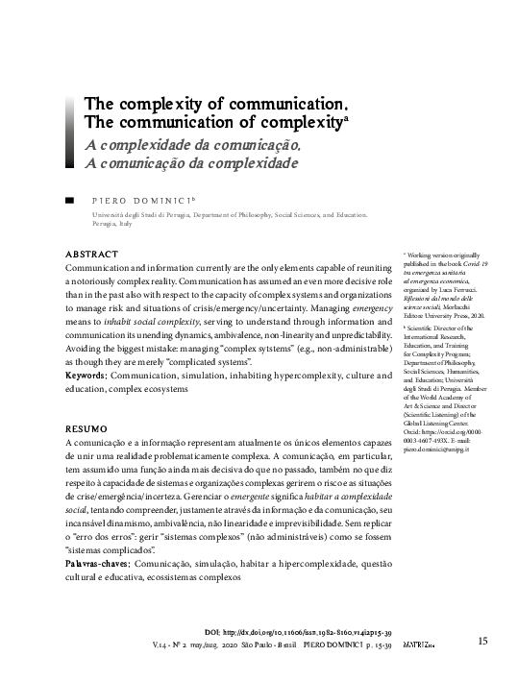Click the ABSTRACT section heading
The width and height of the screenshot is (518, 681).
(x=90, y=253)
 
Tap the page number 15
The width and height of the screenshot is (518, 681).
(x=483, y=640)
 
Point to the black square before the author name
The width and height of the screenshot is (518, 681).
(x=68, y=201)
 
